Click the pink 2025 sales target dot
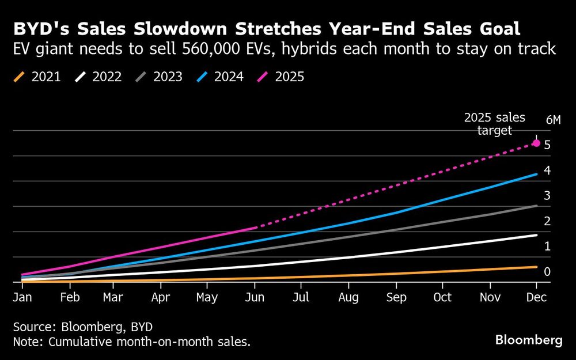pyautogui.click(x=536, y=143)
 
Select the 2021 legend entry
pyautogui.click(x=37, y=77)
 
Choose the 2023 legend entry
pyautogui.click(x=160, y=77)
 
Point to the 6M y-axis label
pyautogui.click(x=552, y=120)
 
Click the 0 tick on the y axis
pyautogui.click(x=547, y=271)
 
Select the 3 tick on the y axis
pyautogui.click(x=547, y=196)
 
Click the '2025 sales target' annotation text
pyautogui.click(x=495, y=124)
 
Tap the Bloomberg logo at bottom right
pyautogui.click(x=529, y=340)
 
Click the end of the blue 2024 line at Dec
pyautogui.click(x=537, y=174)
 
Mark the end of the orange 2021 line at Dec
pyautogui.click(x=537, y=267)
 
